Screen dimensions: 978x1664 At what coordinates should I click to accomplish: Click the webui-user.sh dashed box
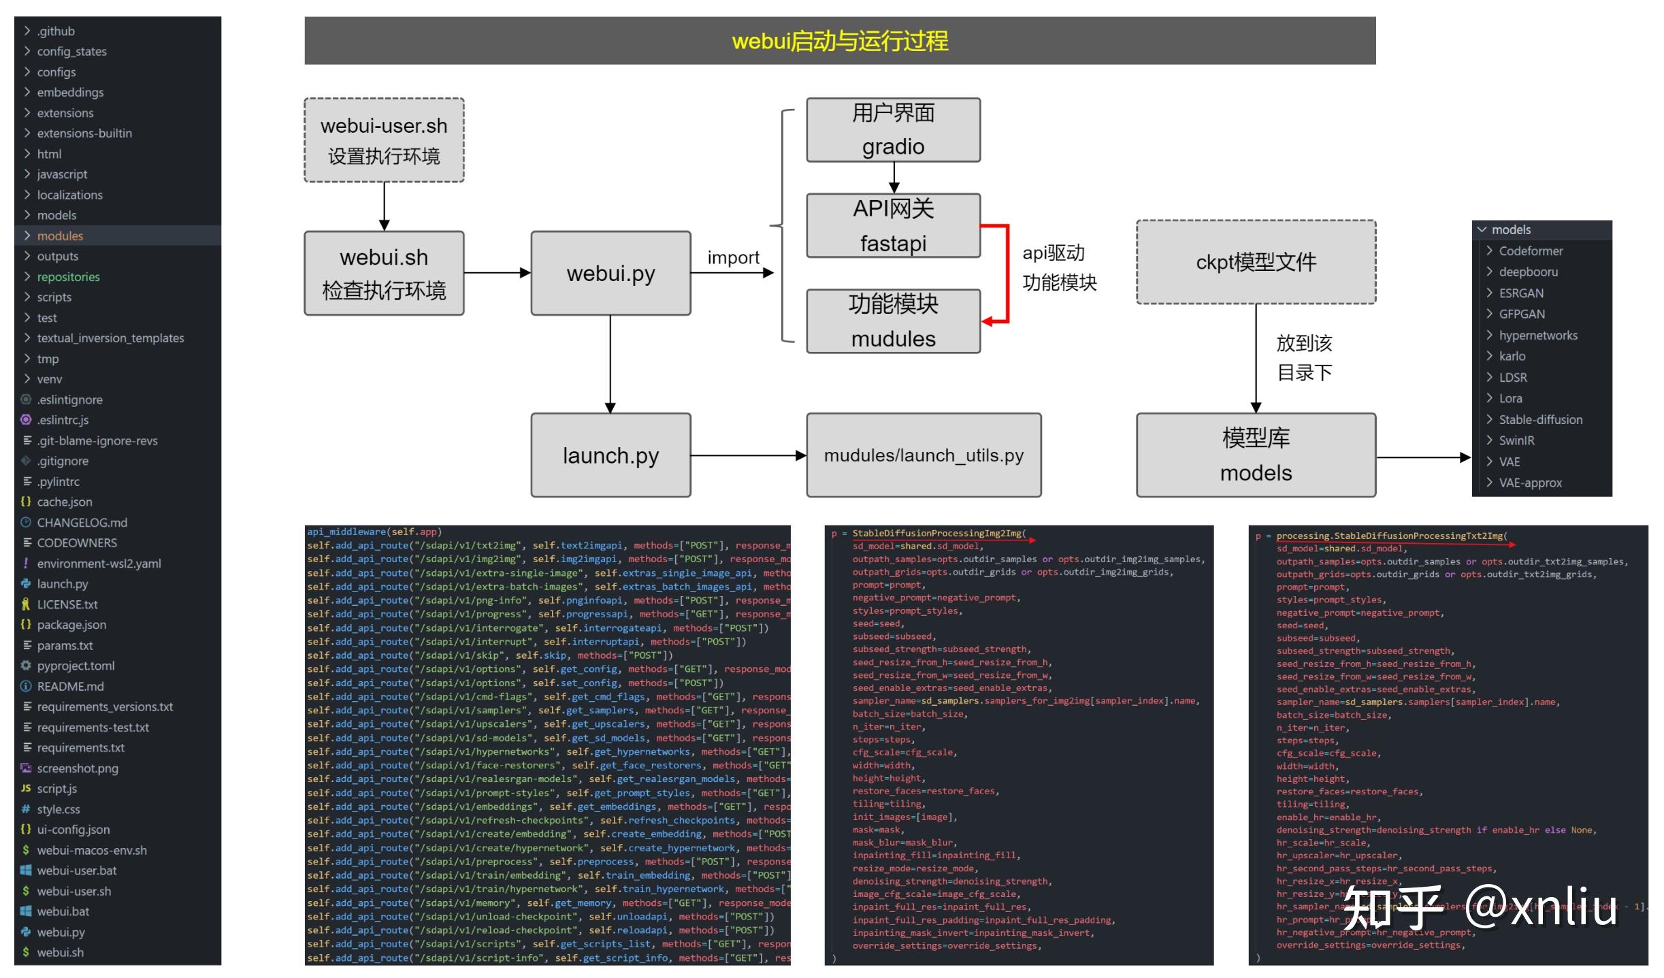(x=384, y=140)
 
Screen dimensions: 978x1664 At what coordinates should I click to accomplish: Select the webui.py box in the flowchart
(x=610, y=273)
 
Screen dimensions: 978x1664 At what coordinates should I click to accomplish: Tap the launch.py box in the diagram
(x=610, y=455)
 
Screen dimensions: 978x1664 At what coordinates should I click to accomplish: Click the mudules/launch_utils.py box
(x=924, y=455)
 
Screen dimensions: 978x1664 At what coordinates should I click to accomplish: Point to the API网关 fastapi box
(x=893, y=225)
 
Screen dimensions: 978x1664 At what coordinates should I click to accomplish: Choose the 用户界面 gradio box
(x=893, y=129)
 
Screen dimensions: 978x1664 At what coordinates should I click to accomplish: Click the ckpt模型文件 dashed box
(x=1256, y=262)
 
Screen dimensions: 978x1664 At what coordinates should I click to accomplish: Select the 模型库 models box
(x=1256, y=455)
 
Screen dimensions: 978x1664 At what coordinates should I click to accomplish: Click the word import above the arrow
(x=733, y=258)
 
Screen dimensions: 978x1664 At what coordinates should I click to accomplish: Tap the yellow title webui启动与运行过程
(x=839, y=42)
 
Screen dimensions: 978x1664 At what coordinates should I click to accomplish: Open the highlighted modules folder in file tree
(x=60, y=236)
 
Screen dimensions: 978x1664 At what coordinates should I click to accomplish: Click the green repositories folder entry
(x=68, y=277)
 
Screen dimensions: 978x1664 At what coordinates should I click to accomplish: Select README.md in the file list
(x=70, y=687)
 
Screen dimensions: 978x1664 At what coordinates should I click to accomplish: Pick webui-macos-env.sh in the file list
(x=91, y=851)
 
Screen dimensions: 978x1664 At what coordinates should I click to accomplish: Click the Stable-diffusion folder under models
(x=1540, y=420)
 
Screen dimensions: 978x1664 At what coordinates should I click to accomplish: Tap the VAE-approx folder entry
(x=1530, y=483)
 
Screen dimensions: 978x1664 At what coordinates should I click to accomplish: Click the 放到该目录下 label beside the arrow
(x=1304, y=358)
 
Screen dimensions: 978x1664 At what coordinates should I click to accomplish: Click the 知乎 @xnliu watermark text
(x=1480, y=907)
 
